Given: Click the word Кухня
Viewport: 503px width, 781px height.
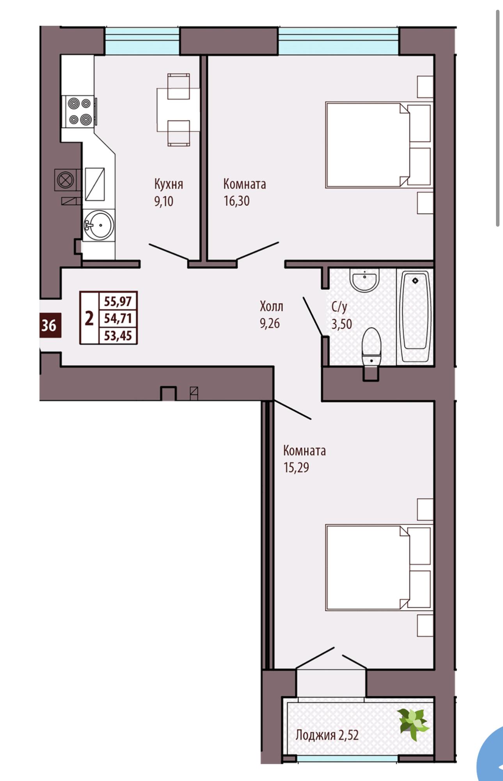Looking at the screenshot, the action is pyautogui.click(x=169, y=184).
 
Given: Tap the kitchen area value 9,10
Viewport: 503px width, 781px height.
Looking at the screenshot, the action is pyautogui.click(x=164, y=201).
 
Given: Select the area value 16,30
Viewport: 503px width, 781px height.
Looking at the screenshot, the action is pyautogui.click(x=236, y=201).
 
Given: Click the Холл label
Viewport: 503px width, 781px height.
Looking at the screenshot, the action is pyautogui.click(x=272, y=307).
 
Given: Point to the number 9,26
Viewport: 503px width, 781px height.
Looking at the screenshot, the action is pyautogui.click(x=270, y=324).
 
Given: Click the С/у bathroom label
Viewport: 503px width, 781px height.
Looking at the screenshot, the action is pyautogui.click(x=339, y=307).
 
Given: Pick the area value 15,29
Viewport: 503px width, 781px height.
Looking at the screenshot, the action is pyautogui.click(x=296, y=467).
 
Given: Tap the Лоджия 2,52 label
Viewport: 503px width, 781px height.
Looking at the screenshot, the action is pyautogui.click(x=327, y=735).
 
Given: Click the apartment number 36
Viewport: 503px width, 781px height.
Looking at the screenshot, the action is pyautogui.click(x=49, y=325).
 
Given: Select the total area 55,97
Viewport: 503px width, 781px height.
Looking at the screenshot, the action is pyautogui.click(x=118, y=301).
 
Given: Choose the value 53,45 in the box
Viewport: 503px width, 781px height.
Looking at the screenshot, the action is pyautogui.click(x=118, y=335).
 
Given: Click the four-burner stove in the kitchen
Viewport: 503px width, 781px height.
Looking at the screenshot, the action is pyautogui.click(x=80, y=111).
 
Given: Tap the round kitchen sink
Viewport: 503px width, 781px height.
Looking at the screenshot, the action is pyautogui.click(x=99, y=225).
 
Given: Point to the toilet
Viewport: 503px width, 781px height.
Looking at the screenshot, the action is pyautogui.click(x=371, y=347).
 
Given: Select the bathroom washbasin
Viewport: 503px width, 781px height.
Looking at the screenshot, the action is pyautogui.click(x=364, y=280).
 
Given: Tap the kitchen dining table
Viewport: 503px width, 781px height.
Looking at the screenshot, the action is pyautogui.click(x=178, y=110).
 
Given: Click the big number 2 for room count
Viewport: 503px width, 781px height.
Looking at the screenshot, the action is pyautogui.click(x=89, y=319).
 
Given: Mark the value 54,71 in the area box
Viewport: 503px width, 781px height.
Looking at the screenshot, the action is pyautogui.click(x=118, y=318).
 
